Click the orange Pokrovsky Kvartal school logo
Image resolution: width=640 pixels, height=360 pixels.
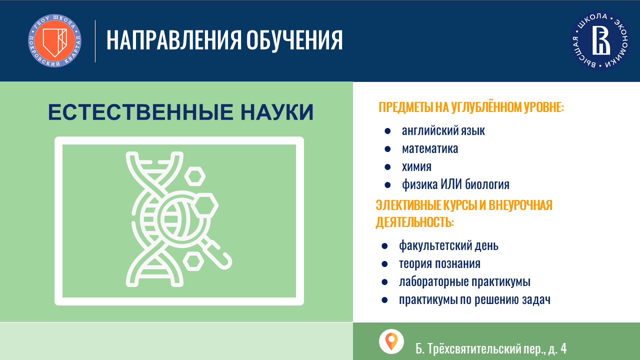pyautogui.click(x=54, y=41)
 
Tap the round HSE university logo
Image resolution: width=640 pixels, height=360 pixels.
pyautogui.click(x=599, y=40)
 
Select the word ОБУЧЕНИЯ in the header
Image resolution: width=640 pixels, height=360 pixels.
pyautogui.click(x=294, y=40)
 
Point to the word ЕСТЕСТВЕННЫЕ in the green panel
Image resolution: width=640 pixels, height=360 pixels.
pyautogui.click(x=140, y=112)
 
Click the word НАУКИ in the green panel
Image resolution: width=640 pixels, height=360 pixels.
pyautogui.click(x=277, y=112)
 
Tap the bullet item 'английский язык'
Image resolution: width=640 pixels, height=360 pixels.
pyautogui.click(x=443, y=131)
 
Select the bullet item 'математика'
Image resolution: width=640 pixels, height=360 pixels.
pyautogui.click(x=430, y=149)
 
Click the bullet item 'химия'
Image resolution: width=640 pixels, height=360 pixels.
pyautogui.click(x=416, y=167)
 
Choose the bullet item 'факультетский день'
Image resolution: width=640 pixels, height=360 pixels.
pyautogui.click(x=448, y=245)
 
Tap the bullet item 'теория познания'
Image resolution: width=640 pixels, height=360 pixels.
pyautogui.click(x=439, y=263)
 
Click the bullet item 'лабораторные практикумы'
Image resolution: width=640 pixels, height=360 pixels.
pyautogui.click(x=464, y=282)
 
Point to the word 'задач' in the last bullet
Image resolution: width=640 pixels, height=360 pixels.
pyautogui.click(x=535, y=299)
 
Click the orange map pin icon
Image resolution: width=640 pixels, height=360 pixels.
pyautogui.click(x=391, y=341)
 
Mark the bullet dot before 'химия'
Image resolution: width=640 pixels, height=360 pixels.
pyautogui.click(x=387, y=167)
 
